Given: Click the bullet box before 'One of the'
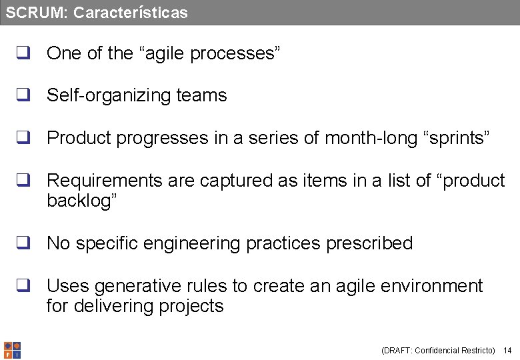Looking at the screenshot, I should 23,54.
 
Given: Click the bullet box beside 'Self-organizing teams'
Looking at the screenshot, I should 23,96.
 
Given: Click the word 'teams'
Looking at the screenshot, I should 202,96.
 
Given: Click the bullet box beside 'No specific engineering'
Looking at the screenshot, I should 23,243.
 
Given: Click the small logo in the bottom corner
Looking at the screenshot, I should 12,350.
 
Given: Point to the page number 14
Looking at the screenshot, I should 507,351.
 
